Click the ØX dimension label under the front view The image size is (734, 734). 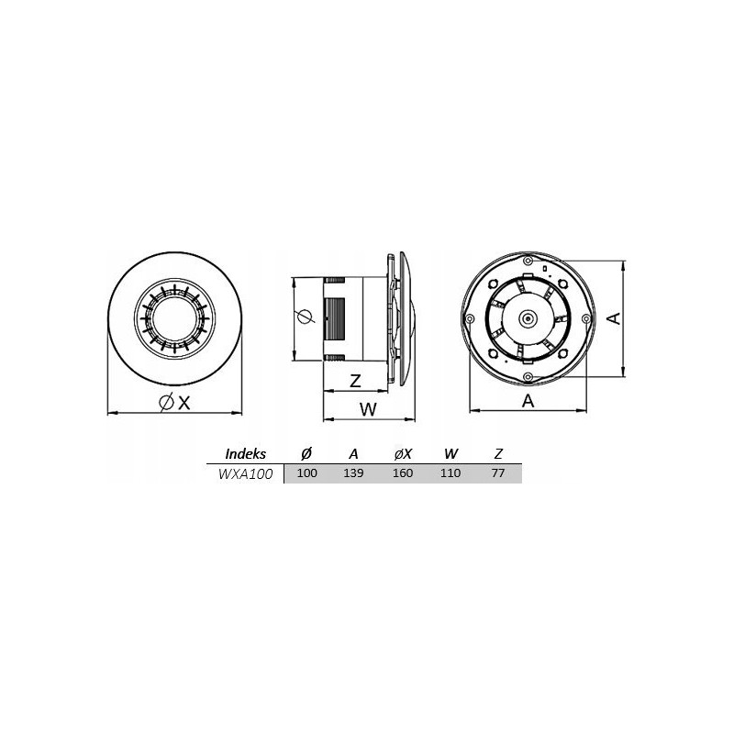click(174, 402)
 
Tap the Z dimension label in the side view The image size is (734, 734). click(356, 381)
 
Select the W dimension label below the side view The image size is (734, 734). click(368, 409)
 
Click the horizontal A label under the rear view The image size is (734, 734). click(528, 401)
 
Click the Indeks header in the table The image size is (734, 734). click(245, 453)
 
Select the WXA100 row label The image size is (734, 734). click(245, 473)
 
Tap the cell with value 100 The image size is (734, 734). click(307, 473)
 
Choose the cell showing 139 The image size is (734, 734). click(353, 473)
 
